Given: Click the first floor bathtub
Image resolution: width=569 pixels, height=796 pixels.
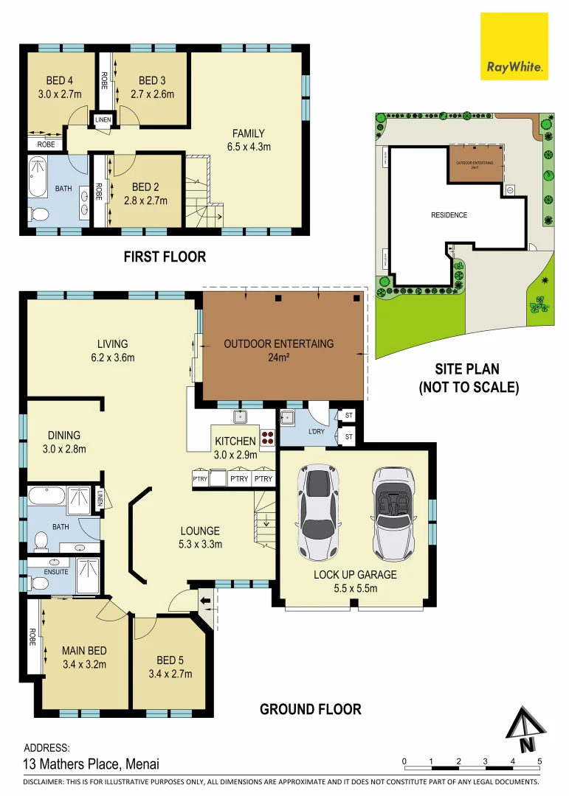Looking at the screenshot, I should (37, 175).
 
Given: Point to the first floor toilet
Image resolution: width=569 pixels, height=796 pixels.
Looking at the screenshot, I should (39, 214).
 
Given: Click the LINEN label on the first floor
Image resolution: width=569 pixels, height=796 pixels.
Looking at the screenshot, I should (102, 119).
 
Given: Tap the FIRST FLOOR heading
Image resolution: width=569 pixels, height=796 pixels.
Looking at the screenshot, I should (165, 257).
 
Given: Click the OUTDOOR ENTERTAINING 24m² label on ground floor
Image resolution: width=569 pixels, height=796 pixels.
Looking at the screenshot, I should (279, 351).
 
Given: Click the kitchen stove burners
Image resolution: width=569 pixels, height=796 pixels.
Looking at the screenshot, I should (268, 439).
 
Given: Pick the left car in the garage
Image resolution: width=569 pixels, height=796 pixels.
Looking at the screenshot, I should (318, 512).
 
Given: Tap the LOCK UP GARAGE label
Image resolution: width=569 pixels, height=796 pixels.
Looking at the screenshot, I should (355, 581).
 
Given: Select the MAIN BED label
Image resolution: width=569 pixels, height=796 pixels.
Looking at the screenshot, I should (84, 657).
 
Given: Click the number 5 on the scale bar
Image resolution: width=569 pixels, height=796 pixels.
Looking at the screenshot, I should (539, 761).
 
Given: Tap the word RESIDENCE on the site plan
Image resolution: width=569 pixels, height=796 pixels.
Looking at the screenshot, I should (449, 215).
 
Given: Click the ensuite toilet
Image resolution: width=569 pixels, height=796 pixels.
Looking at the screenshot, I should (38, 582).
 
